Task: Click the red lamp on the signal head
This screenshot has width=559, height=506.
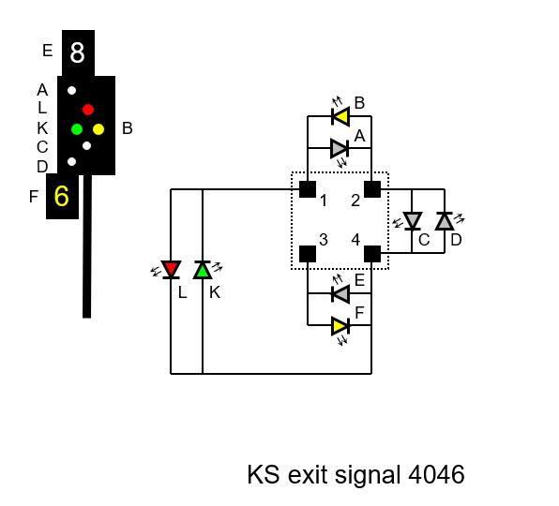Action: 88,110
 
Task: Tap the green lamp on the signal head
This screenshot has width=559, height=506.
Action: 77,129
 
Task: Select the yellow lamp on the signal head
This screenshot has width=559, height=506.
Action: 98,129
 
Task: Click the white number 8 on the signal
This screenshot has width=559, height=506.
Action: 77,52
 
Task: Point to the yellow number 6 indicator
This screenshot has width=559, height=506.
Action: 61,196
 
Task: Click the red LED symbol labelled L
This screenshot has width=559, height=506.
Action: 171,269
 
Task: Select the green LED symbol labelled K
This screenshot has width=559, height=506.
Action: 203,270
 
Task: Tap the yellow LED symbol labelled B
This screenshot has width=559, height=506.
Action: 340,116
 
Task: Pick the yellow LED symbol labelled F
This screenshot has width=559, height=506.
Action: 340,326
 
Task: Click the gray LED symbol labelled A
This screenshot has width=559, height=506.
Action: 340,148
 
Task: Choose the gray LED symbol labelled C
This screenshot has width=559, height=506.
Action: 413,221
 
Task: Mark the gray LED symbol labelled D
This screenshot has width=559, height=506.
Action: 445,221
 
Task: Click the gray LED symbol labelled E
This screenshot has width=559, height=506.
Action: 340,294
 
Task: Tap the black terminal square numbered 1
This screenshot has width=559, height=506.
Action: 308,189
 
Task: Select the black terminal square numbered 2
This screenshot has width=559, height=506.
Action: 372,189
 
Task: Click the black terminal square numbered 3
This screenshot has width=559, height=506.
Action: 308,254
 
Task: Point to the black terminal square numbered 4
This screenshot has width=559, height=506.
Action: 372,254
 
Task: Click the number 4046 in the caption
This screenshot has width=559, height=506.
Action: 436,474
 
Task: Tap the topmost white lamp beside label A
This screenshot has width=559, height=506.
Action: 71,91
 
